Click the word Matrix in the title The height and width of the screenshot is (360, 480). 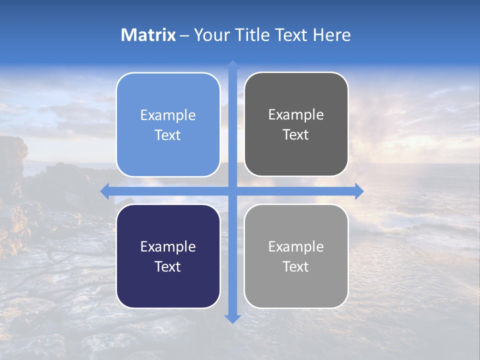point(148,35)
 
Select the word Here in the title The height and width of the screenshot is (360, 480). point(332,35)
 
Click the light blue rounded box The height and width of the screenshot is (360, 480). point(168,125)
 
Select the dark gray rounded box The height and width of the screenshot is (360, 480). point(296,124)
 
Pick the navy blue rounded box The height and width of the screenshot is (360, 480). point(168,256)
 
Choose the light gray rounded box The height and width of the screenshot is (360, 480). point(296,256)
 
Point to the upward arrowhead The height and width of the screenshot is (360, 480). point(232,64)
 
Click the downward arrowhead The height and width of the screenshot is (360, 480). point(232,318)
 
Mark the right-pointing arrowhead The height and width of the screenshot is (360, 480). point(359,191)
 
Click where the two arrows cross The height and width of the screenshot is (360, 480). point(232,191)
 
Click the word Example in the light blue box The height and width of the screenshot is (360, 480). point(168,115)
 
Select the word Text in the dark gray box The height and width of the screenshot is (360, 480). point(296,135)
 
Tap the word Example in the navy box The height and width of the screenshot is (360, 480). point(168,246)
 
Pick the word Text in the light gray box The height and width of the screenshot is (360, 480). point(296,266)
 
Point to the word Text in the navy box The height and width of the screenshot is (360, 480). point(168,266)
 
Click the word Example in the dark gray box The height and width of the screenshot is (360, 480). point(296,114)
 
